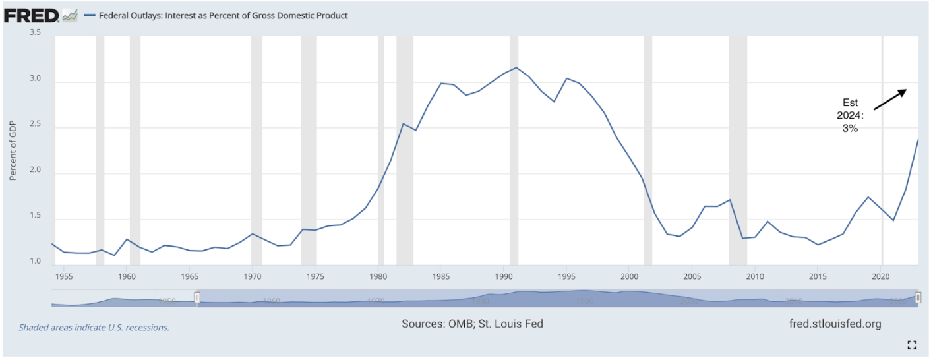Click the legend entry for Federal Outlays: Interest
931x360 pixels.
218,15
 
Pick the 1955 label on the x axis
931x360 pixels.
65,276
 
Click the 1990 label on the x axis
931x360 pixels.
504,276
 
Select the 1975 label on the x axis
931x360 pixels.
315,276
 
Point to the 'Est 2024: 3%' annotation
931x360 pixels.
850,115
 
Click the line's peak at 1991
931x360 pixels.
516,67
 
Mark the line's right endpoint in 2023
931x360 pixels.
918,140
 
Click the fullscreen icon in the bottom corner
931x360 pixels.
913,344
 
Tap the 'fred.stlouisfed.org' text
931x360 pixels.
835,324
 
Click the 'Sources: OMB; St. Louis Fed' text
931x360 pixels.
472,324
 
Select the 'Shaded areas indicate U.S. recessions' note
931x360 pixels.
94,327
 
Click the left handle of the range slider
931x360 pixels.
196,298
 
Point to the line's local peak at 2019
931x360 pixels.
869,197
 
